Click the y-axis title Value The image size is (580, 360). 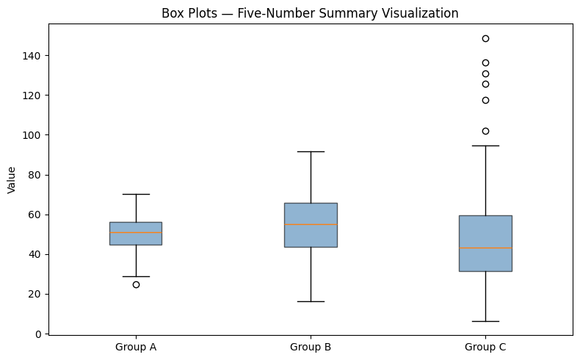coord(11,179)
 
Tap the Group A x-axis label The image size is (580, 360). coord(136,346)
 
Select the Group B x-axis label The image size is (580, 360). coord(311,346)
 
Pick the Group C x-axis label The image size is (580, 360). coord(485,346)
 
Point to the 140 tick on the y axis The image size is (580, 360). coord(34,56)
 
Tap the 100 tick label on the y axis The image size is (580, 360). coord(34,135)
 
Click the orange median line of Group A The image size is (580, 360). coord(136,232)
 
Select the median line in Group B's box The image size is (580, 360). coord(311,224)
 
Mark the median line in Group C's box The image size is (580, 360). coord(485,248)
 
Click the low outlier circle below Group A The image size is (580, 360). coord(136,284)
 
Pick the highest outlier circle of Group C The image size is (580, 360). coord(485,38)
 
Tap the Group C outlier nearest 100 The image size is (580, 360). coord(485,131)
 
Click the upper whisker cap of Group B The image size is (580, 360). coord(311,151)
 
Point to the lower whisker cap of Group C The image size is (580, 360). coord(485,321)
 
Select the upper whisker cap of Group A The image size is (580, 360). coord(136,194)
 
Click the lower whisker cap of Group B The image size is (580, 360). coord(311,301)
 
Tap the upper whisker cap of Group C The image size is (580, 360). coord(485,145)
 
